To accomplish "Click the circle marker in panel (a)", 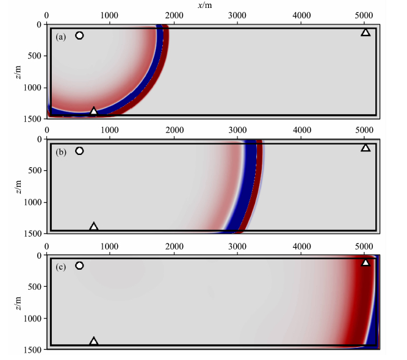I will [x=79, y=35].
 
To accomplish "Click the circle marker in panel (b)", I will [x=79, y=151].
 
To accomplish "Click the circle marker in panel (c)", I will [x=79, y=265].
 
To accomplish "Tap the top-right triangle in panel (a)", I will [x=366, y=32].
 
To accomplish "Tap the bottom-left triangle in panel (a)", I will [x=93, y=111].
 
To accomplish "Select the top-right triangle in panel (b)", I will [x=366, y=148].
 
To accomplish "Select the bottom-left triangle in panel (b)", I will [x=93, y=226].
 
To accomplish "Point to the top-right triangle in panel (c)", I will [x=366, y=262].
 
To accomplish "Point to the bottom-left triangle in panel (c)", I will [x=93, y=341].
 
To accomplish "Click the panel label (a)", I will [x=60, y=37].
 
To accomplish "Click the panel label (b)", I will [x=60, y=152].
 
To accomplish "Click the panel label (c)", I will [x=60, y=267].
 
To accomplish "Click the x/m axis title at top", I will [x=205, y=5].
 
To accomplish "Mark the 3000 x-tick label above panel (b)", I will [x=238, y=130].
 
